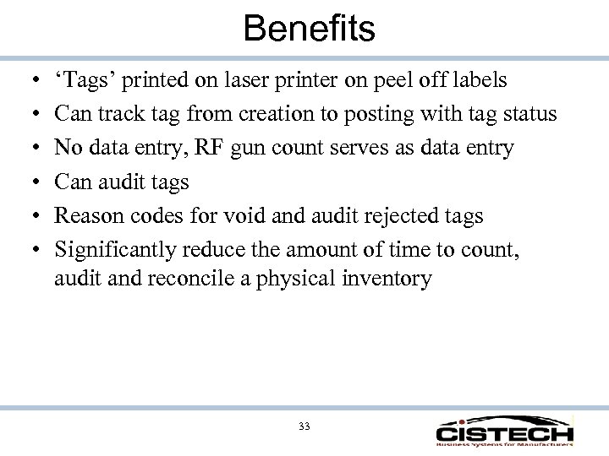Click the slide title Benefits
click(x=309, y=29)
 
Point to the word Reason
click(x=85, y=216)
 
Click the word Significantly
click(x=114, y=250)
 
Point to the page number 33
click(x=304, y=426)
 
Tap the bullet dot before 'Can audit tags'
click(x=30, y=182)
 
